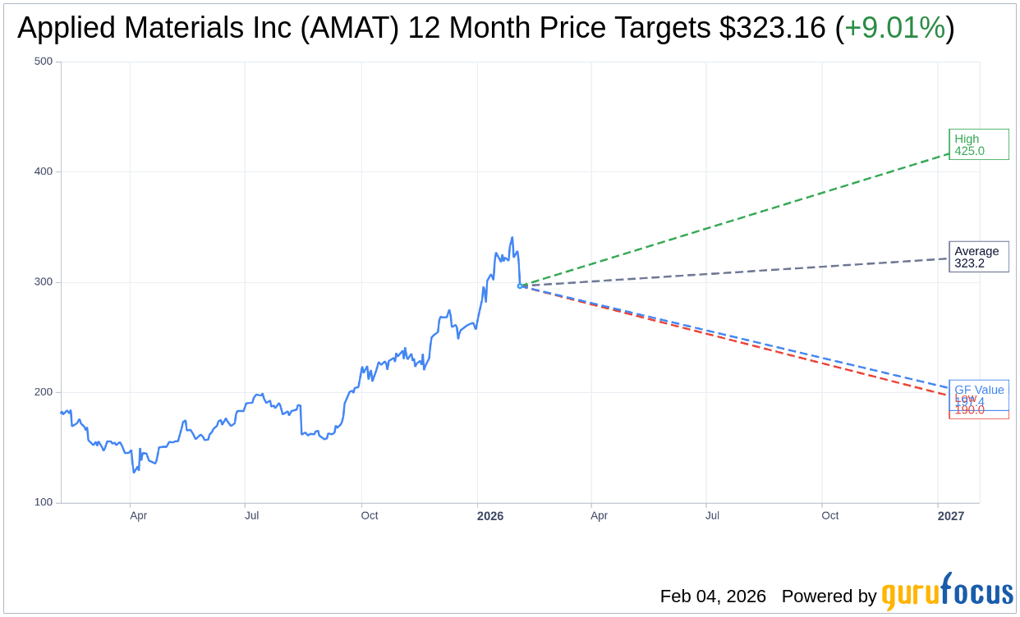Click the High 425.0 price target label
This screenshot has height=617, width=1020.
point(978,144)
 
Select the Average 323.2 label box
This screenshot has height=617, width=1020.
point(978,257)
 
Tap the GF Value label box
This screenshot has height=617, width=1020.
point(979,389)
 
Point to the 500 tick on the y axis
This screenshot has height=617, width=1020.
point(43,62)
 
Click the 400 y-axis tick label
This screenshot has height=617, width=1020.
point(43,171)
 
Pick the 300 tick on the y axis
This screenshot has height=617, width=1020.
point(43,282)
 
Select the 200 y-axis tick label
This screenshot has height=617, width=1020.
point(43,392)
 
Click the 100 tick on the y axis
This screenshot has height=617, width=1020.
point(43,502)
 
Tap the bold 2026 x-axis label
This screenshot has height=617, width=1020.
point(490,516)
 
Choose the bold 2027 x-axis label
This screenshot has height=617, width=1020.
point(951,516)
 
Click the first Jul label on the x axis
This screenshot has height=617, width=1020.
point(252,516)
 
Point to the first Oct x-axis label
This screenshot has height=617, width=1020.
point(370,516)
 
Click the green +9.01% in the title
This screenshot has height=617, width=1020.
point(894,29)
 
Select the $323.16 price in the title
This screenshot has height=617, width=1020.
point(772,29)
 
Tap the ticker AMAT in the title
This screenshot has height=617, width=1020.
point(352,29)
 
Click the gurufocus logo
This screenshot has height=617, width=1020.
point(947,592)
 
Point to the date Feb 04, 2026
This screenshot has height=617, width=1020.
point(713,596)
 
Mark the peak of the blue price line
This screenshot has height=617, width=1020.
point(512,238)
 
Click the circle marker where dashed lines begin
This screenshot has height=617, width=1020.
point(520,286)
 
